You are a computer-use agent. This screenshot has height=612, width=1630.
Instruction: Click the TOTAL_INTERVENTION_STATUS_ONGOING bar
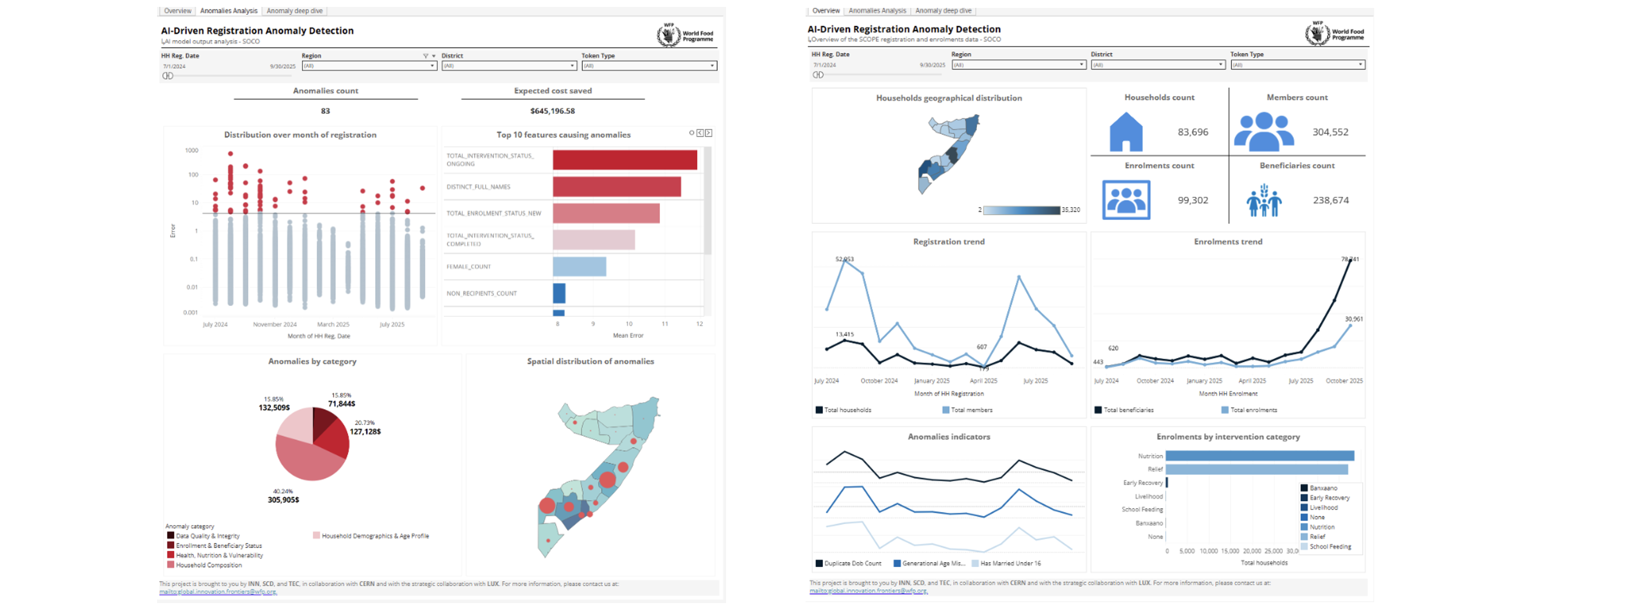pos(624,160)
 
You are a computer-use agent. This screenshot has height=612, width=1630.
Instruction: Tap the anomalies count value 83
pos(325,111)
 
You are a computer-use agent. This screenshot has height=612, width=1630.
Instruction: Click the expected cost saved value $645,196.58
pos(552,111)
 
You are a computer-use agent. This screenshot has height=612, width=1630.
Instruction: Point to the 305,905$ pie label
pos(284,500)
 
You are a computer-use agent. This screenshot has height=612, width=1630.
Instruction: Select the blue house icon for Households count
pos(1126,132)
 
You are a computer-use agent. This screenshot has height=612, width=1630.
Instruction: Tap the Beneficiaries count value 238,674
pos(1331,200)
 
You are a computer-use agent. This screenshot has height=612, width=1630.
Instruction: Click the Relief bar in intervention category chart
pos(1256,469)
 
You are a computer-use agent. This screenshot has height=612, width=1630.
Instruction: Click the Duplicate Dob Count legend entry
pos(852,563)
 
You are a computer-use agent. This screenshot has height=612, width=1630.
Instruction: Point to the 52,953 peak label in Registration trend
pos(844,259)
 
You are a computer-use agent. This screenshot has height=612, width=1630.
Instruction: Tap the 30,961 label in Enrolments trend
pos(1353,319)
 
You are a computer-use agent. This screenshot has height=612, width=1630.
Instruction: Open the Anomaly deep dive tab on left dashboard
pos(294,11)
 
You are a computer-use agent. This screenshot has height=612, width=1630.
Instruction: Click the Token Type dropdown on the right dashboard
pos(1297,65)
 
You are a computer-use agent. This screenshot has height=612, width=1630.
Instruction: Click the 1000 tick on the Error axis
pos(191,151)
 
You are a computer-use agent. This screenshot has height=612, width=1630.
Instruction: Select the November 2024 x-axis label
pos(275,324)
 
